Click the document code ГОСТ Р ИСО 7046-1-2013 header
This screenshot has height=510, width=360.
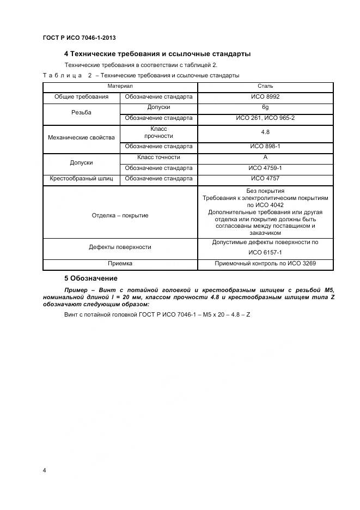click(79, 38)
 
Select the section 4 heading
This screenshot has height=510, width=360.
click(157, 54)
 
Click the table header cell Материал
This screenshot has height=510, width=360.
click(120, 86)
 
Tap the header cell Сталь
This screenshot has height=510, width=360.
click(265, 86)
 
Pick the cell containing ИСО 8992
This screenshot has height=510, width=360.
click(265, 97)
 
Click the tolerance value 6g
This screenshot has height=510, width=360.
click(265, 107)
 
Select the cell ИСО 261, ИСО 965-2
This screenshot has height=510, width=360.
click(265, 118)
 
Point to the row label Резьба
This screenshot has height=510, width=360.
click(81, 113)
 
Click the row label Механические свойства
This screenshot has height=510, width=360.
click(81, 137)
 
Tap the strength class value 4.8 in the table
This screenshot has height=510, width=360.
click(265, 132)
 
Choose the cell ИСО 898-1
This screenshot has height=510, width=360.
click(265, 147)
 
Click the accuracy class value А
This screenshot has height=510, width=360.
click(265, 157)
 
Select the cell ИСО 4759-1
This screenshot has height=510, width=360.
click(265, 168)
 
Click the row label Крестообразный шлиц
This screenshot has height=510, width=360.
click(81, 179)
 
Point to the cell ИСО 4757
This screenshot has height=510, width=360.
click(265, 179)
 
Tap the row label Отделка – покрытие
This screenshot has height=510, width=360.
click(120, 216)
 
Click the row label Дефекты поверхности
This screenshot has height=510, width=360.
click(120, 247)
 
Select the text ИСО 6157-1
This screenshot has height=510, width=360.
click(265, 253)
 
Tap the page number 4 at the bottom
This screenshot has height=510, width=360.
click(44, 470)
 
